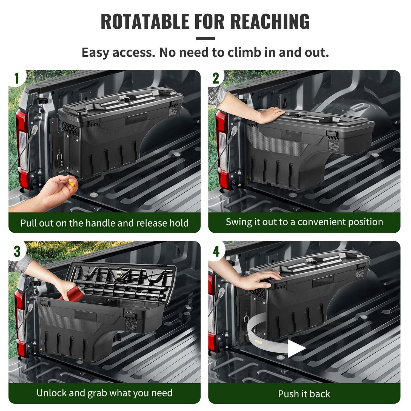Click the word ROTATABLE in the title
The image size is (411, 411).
(x=145, y=21)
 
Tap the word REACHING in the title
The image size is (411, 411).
(x=270, y=21)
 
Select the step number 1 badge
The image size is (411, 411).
(x=17, y=78)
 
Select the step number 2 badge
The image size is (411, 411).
(x=216, y=78)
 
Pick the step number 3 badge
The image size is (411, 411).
(x=17, y=251)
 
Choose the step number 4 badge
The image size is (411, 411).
(x=216, y=251)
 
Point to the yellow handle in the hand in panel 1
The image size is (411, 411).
(x=71, y=182)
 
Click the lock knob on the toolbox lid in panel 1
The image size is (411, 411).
(x=127, y=99)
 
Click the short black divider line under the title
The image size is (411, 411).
(x=206, y=38)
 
